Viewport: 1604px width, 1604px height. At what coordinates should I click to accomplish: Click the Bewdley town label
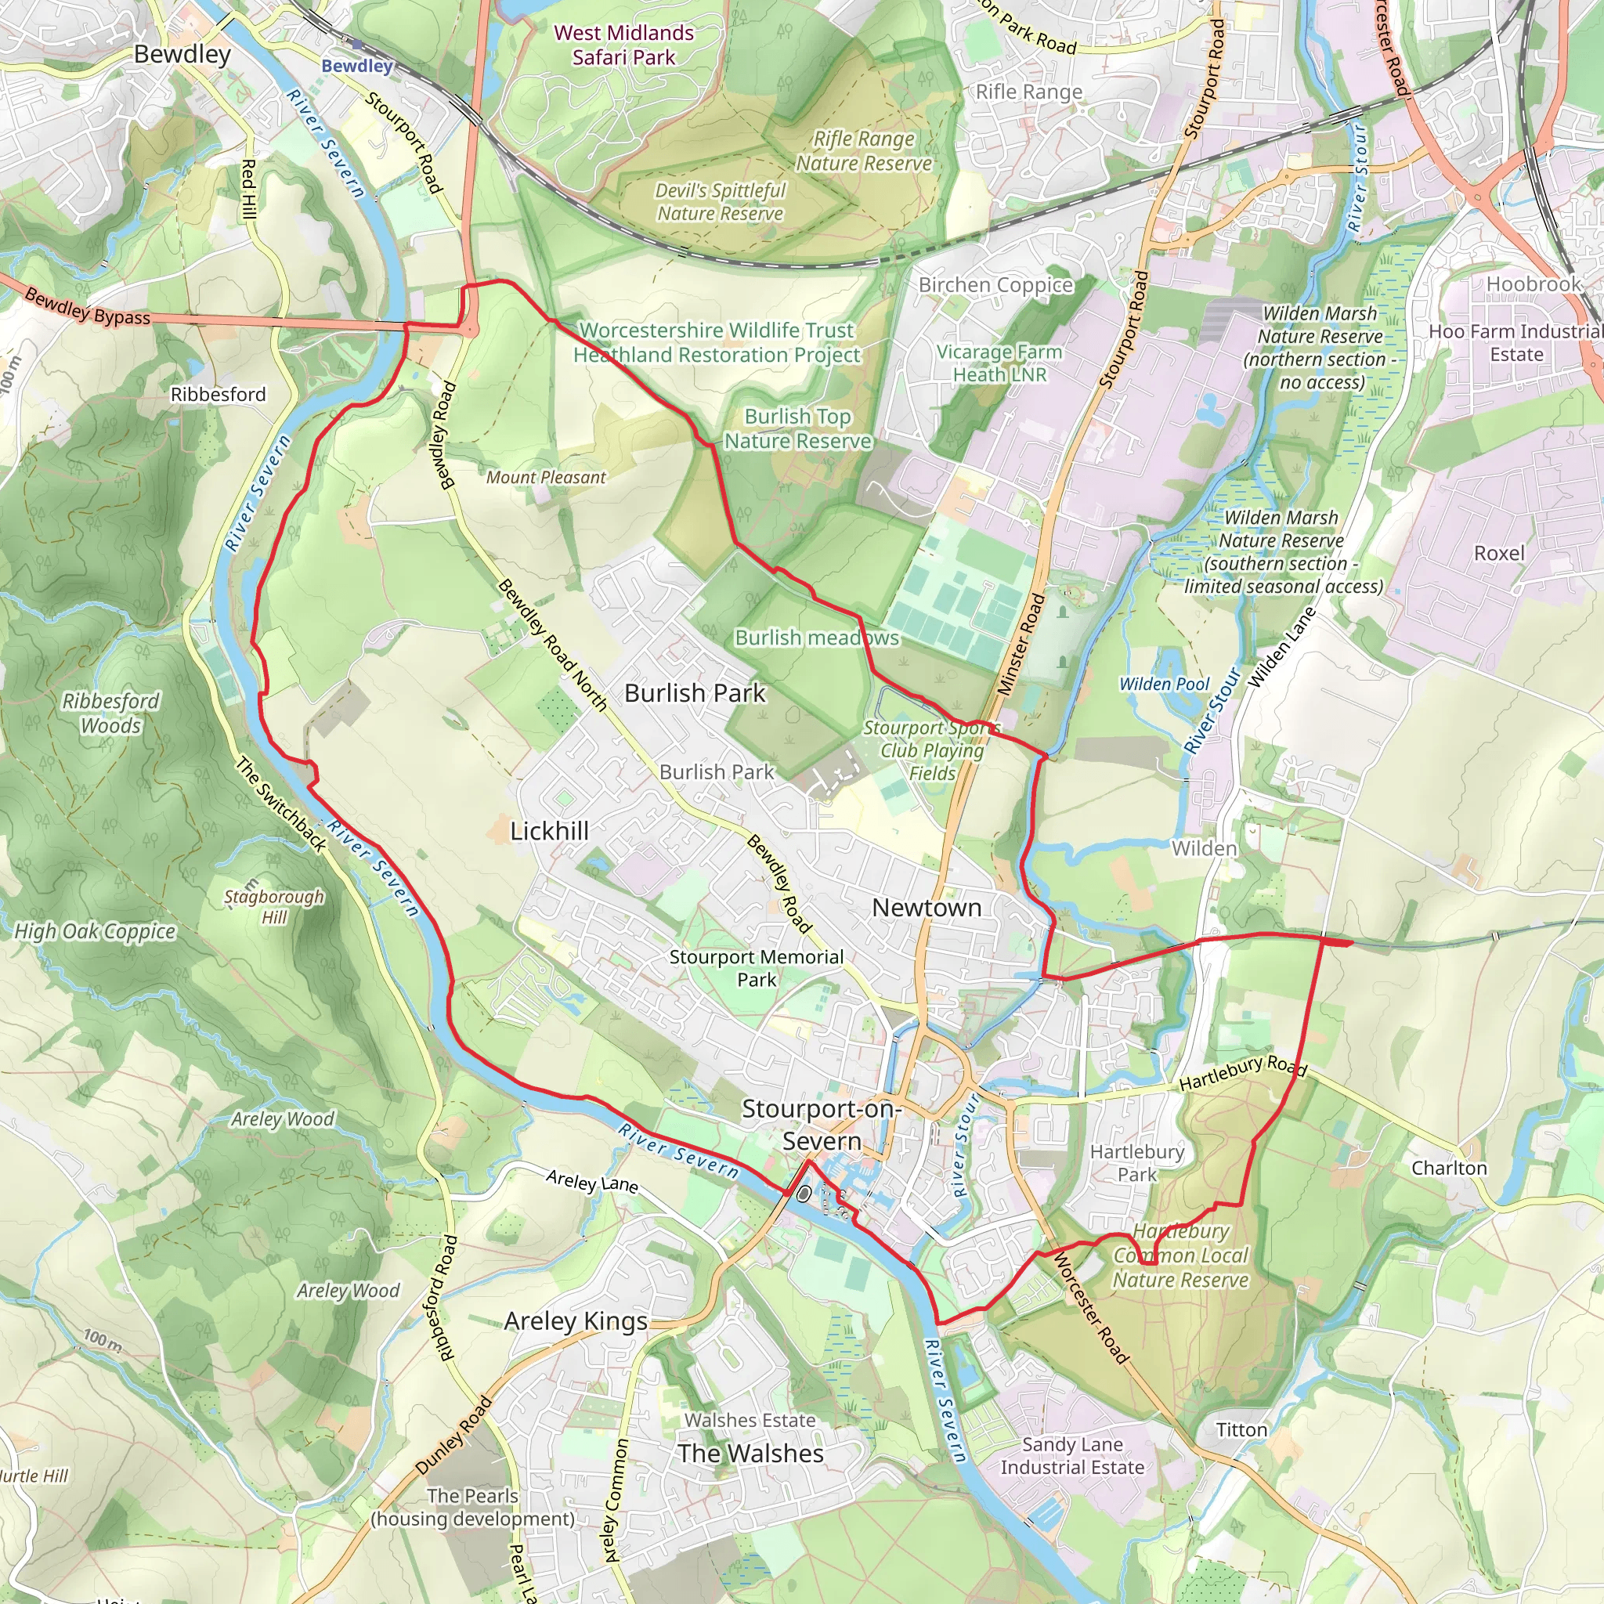(182, 55)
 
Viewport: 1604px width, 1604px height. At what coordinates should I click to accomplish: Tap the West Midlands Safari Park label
(623, 45)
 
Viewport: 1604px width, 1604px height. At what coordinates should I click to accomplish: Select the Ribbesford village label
(219, 395)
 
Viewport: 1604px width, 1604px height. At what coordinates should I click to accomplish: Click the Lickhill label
(549, 831)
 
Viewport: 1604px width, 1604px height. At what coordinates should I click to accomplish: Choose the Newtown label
(927, 908)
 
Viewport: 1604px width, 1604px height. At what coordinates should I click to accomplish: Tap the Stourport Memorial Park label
(757, 968)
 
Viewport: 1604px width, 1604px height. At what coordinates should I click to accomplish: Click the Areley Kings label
(576, 1321)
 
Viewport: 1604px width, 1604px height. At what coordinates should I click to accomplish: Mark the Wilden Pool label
(1164, 684)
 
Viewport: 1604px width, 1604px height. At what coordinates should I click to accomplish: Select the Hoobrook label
(1534, 284)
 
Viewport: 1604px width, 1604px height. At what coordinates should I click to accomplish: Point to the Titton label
(1241, 1429)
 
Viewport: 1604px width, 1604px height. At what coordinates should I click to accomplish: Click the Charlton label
(1449, 1168)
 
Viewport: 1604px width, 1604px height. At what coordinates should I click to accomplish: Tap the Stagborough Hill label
(274, 907)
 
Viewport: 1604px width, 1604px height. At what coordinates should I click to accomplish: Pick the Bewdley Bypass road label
(87, 306)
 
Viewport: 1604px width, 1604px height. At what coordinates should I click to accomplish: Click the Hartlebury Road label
(1243, 1074)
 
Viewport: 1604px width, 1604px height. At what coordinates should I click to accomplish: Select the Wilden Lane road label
(1282, 648)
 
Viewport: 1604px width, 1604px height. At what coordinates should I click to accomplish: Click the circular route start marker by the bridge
(803, 1194)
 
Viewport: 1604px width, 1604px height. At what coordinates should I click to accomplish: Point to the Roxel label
(1498, 553)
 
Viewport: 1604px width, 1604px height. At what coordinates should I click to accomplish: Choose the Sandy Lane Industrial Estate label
(1072, 1456)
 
